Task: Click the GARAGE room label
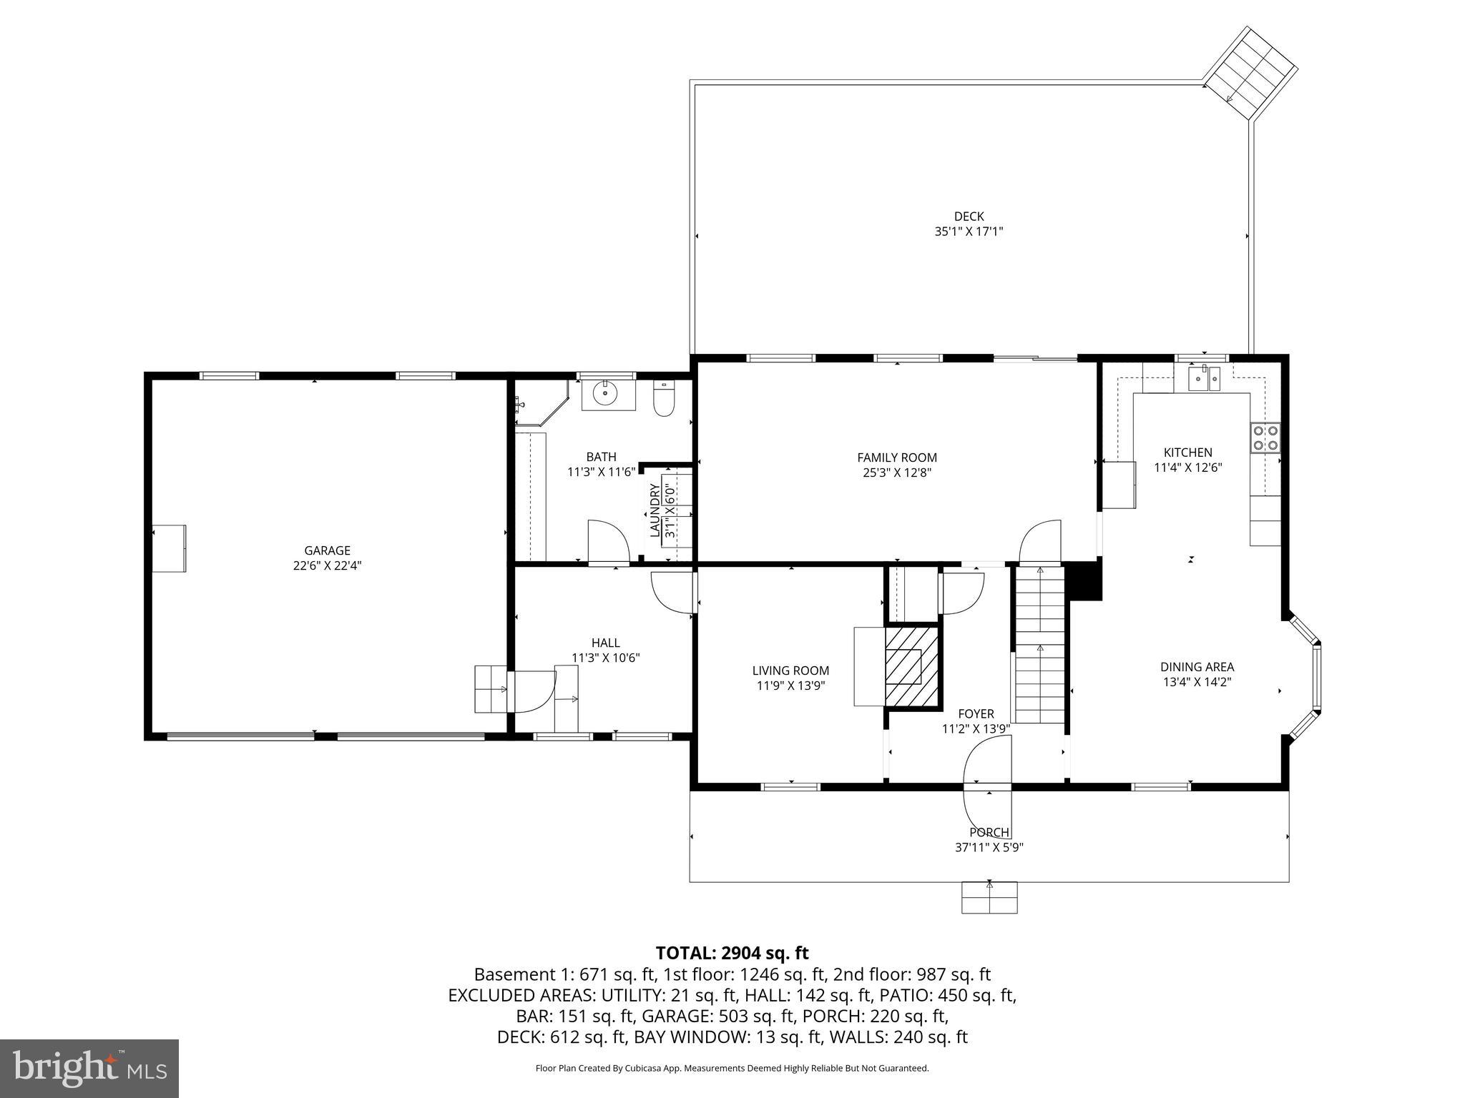coord(327,550)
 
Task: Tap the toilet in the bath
coord(665,400)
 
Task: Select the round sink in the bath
coord(607,394)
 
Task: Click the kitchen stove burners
coord(1265,437)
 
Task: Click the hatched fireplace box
coord(911,667)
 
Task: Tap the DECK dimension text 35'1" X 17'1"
coord(969,232)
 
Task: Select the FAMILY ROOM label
coord(897,457)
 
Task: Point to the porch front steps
coord(989,898)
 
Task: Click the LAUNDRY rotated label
coord(655,510)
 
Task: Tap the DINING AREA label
coord(1197,667)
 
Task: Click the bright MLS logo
coord(89,1068)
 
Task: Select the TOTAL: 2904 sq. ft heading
coord(732,953)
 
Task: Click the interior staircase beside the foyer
coord(1039,643)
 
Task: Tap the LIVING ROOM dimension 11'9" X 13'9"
coord(790,686)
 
